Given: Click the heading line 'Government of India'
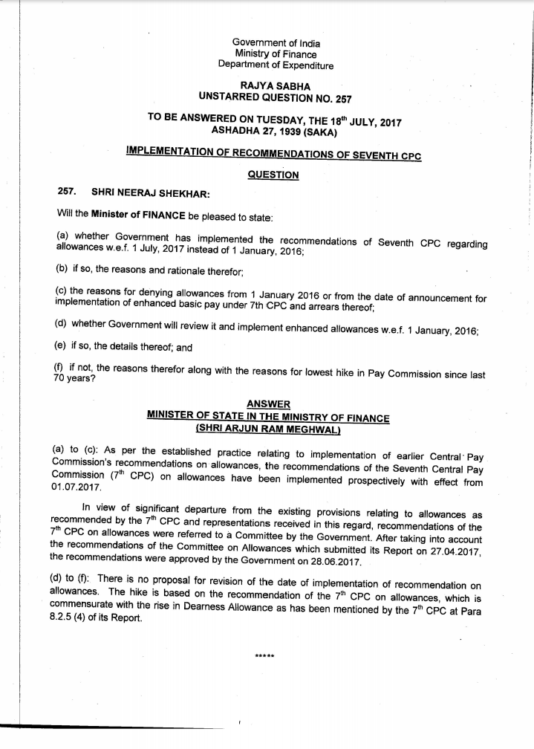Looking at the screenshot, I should (276, 43).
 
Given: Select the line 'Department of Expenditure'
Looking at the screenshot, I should (276, 65).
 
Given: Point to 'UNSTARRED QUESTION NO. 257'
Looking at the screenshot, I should (276, 97).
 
